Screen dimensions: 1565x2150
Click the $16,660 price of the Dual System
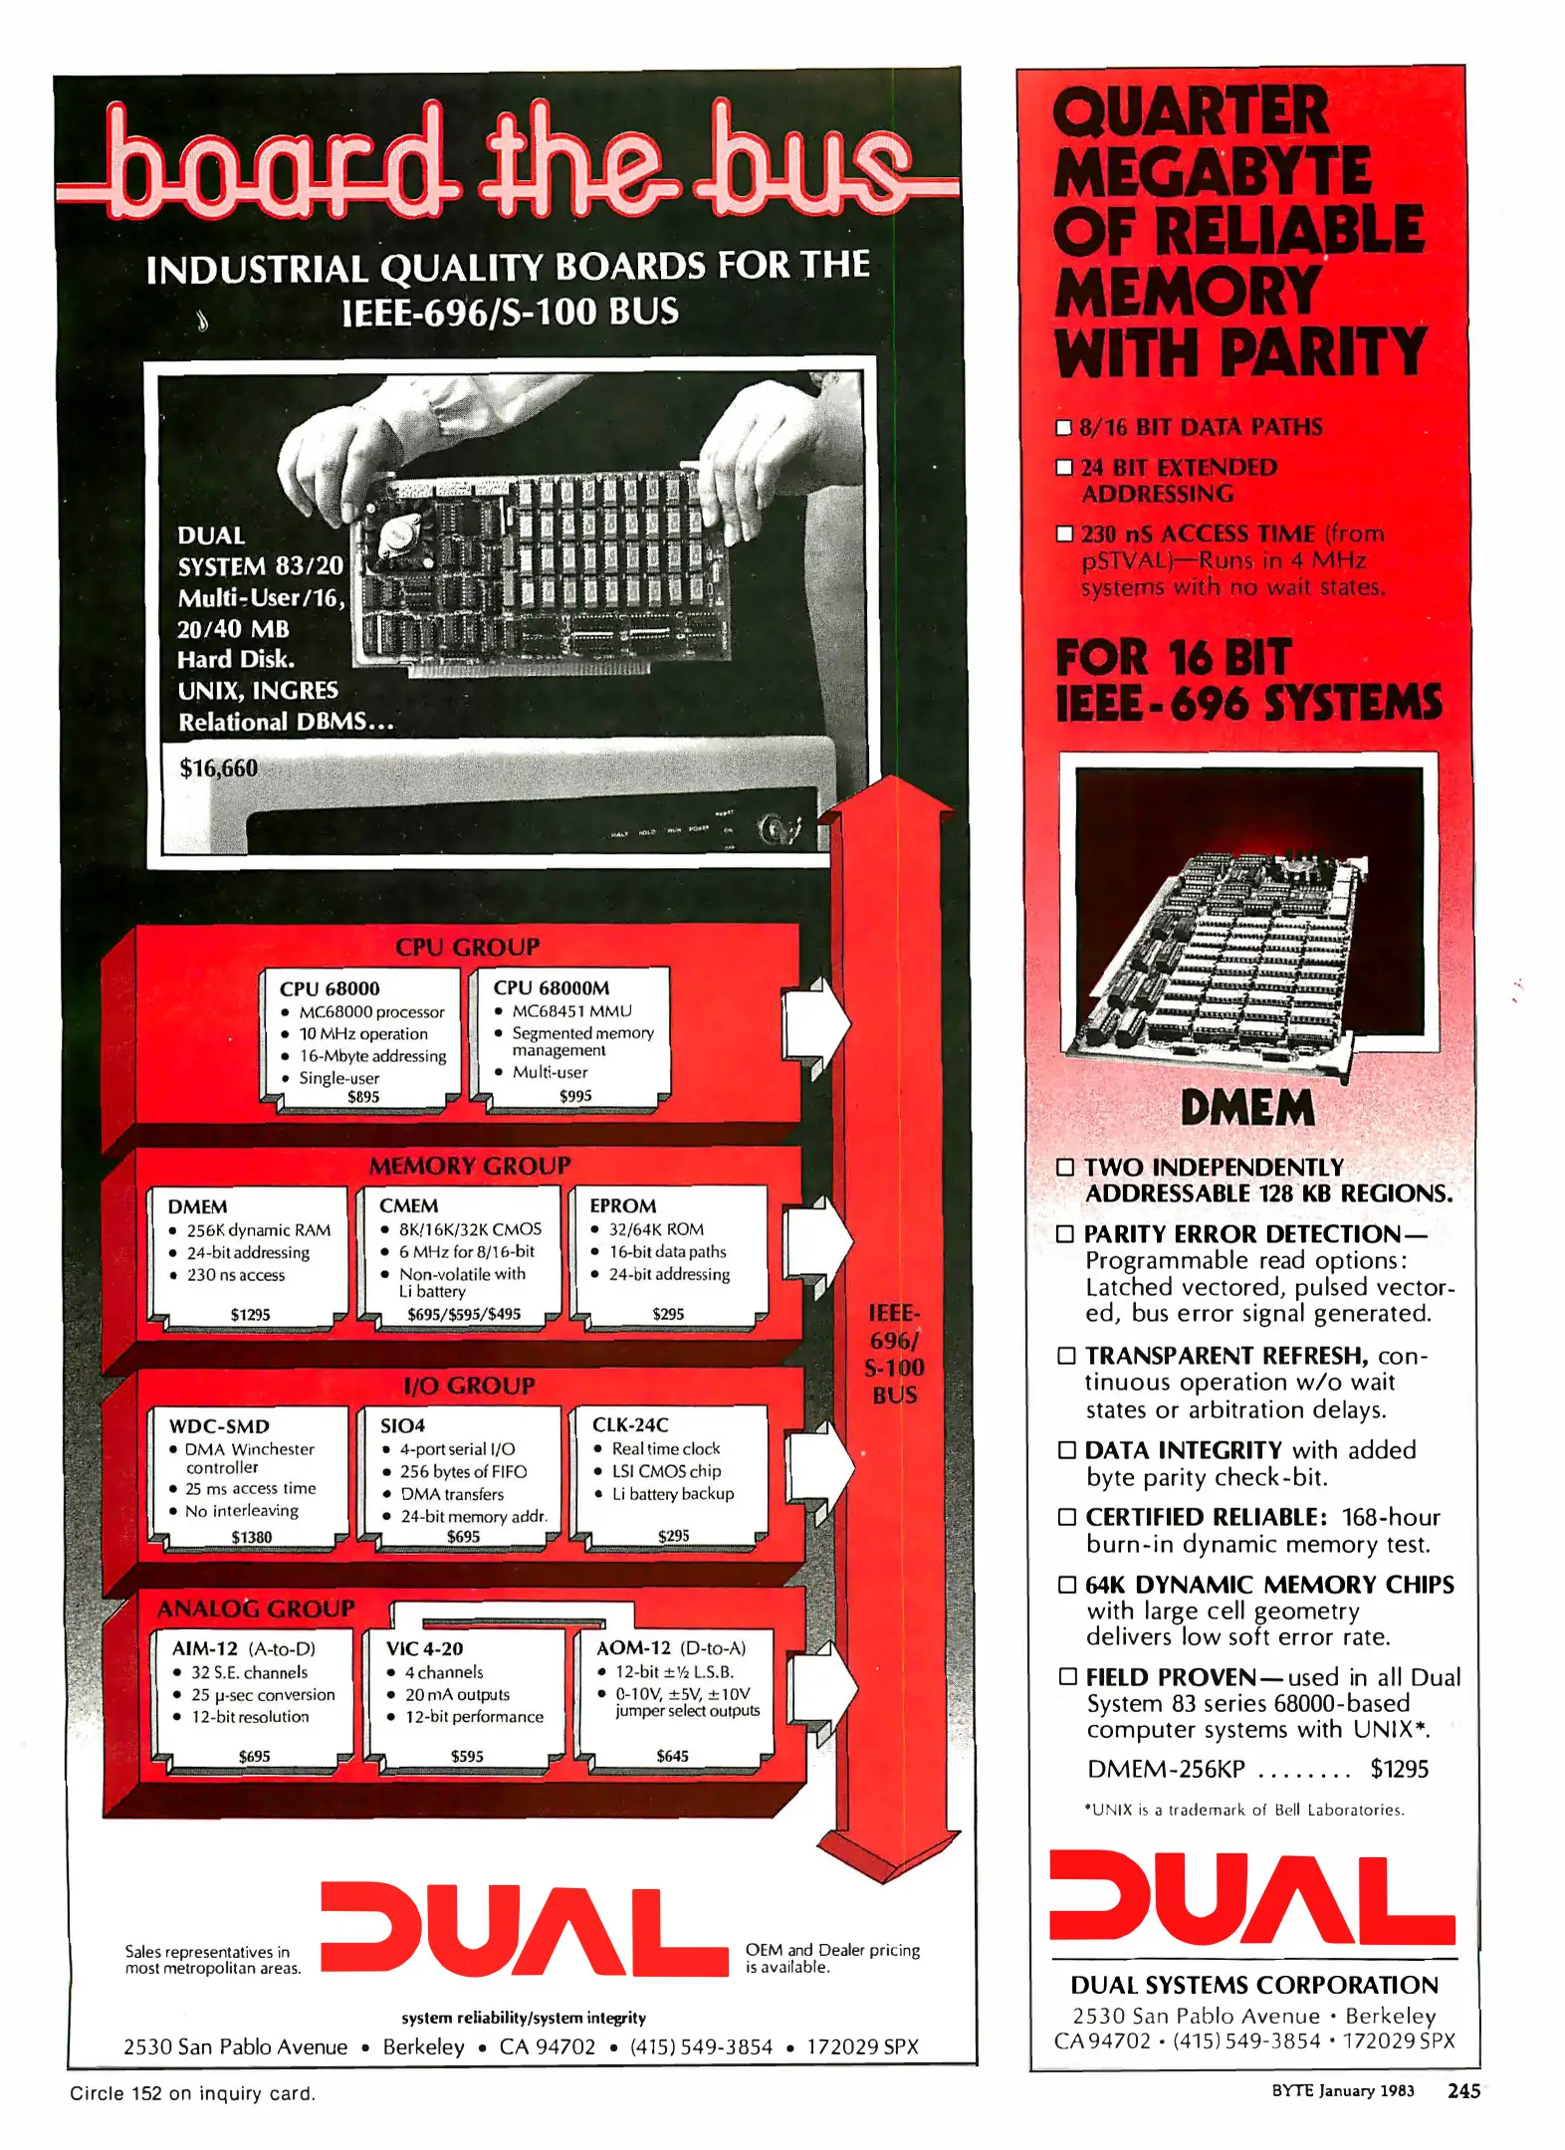point(218,768)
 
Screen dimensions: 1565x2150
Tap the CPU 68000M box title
point(551,987)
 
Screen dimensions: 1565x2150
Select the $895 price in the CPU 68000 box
point(363,1097)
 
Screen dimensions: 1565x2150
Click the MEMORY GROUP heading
point(470,1165)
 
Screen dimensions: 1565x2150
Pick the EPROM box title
point(623,1205)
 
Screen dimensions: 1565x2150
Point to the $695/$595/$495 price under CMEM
point(464,1314)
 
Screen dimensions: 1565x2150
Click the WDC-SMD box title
point(219,1425)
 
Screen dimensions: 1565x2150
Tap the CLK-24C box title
point(630,1424)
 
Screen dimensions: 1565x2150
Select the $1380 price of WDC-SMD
point(252,1537)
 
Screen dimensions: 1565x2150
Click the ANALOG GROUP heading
point(256,1609)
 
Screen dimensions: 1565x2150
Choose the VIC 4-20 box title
point(424,1648)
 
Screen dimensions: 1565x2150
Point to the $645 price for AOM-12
point(672,1756)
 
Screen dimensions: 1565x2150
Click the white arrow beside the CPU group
point(816,1026)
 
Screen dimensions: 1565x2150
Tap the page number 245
point(1463,2090)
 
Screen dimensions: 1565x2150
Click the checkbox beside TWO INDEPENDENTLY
point(1065,1167)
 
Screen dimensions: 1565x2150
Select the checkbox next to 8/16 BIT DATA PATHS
point(1063,428)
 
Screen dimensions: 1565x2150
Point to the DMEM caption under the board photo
point(1247,1108)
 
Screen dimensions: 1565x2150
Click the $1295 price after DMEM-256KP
point(1399,1769)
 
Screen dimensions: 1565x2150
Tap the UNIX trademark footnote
point(1244,1810)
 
